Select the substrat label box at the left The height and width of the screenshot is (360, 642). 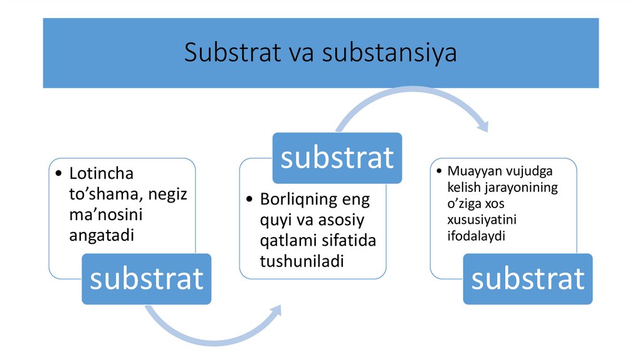[x=146, y=278]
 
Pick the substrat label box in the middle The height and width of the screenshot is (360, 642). [x=337, y=157]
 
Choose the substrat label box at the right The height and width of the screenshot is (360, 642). [x=527, y=278]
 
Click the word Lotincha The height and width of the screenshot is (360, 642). [x=102, y=173]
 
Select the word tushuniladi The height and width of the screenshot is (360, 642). [x=302, y=261]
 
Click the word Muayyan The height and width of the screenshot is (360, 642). [x=471, y=171]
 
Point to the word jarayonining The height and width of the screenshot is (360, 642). [x=519, y=187]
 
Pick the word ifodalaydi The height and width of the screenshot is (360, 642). [x=476, y=236]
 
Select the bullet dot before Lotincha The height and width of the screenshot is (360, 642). [x=58, y=174]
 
